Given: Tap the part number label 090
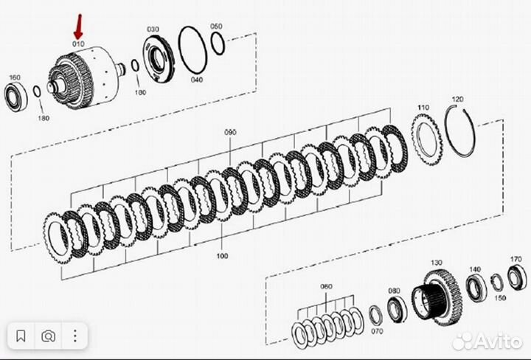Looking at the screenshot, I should pyautogui.click(x=230, y=132).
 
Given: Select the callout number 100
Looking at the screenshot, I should pyautogui.click(x=223, y=257).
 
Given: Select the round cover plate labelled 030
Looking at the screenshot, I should pyautogui.click(x=156, y=57).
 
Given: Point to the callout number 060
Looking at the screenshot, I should pyautogui.click(x=325, y=285).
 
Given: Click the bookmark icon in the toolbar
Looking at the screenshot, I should pyautogui.click(x=21, y=336).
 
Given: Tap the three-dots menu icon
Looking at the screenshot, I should pyautogui.click(x=76, y=336).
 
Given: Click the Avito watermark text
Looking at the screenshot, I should pyautogui.click(x=495, y=341).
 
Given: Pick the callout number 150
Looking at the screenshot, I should pyautogui.click(x=500, y=298).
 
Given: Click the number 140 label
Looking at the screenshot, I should pyautogui.click(x=475, y=269).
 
